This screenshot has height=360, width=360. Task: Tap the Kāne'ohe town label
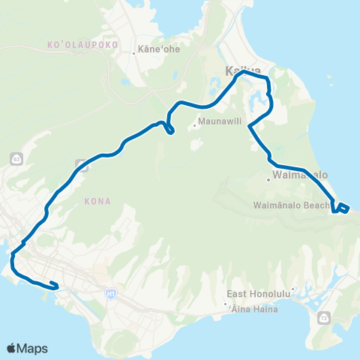point(156,52)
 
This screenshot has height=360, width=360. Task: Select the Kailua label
point(238,72)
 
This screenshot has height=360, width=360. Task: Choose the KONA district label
point(98,200)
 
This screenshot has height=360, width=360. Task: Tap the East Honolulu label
point(259,294)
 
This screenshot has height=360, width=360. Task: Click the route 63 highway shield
point(16,158)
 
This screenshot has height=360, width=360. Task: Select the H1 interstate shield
point(109,290)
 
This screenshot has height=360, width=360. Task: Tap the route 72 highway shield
point(324,318)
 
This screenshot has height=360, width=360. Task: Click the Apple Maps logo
point(27,348)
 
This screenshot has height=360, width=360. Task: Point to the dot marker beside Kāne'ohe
point(134,53)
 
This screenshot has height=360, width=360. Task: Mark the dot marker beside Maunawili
point(195,125)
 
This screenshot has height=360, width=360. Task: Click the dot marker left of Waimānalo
point(268,179)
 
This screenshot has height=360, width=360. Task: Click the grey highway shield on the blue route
point(82,166)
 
